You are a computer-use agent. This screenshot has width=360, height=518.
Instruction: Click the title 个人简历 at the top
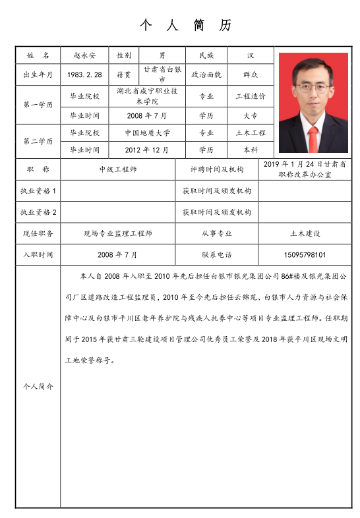(185, 26)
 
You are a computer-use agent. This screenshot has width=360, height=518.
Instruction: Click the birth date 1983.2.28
(84, 74)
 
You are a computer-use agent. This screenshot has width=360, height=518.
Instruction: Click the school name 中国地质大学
(147, 132)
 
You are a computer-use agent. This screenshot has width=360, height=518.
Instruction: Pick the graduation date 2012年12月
(147, 150)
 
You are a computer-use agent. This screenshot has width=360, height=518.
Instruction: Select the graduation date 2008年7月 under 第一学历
(147, 115)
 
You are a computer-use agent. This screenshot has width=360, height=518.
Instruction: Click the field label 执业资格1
(38, 191)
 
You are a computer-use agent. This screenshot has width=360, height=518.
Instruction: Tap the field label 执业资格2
(38, 212)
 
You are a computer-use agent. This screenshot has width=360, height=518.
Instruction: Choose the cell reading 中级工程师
(118, 169)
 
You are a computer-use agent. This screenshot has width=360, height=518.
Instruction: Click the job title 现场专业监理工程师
(118, 233)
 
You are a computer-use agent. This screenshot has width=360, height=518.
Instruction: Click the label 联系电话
(216, 254)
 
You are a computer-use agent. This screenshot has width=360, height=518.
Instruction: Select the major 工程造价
(251, 96)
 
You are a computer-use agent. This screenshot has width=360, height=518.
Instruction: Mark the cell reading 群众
(251, 74)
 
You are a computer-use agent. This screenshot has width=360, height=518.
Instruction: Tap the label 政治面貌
(206, 74)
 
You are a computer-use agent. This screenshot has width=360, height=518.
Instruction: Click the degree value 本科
(251, 150)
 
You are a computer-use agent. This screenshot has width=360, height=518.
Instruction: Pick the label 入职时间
(38, 254)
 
